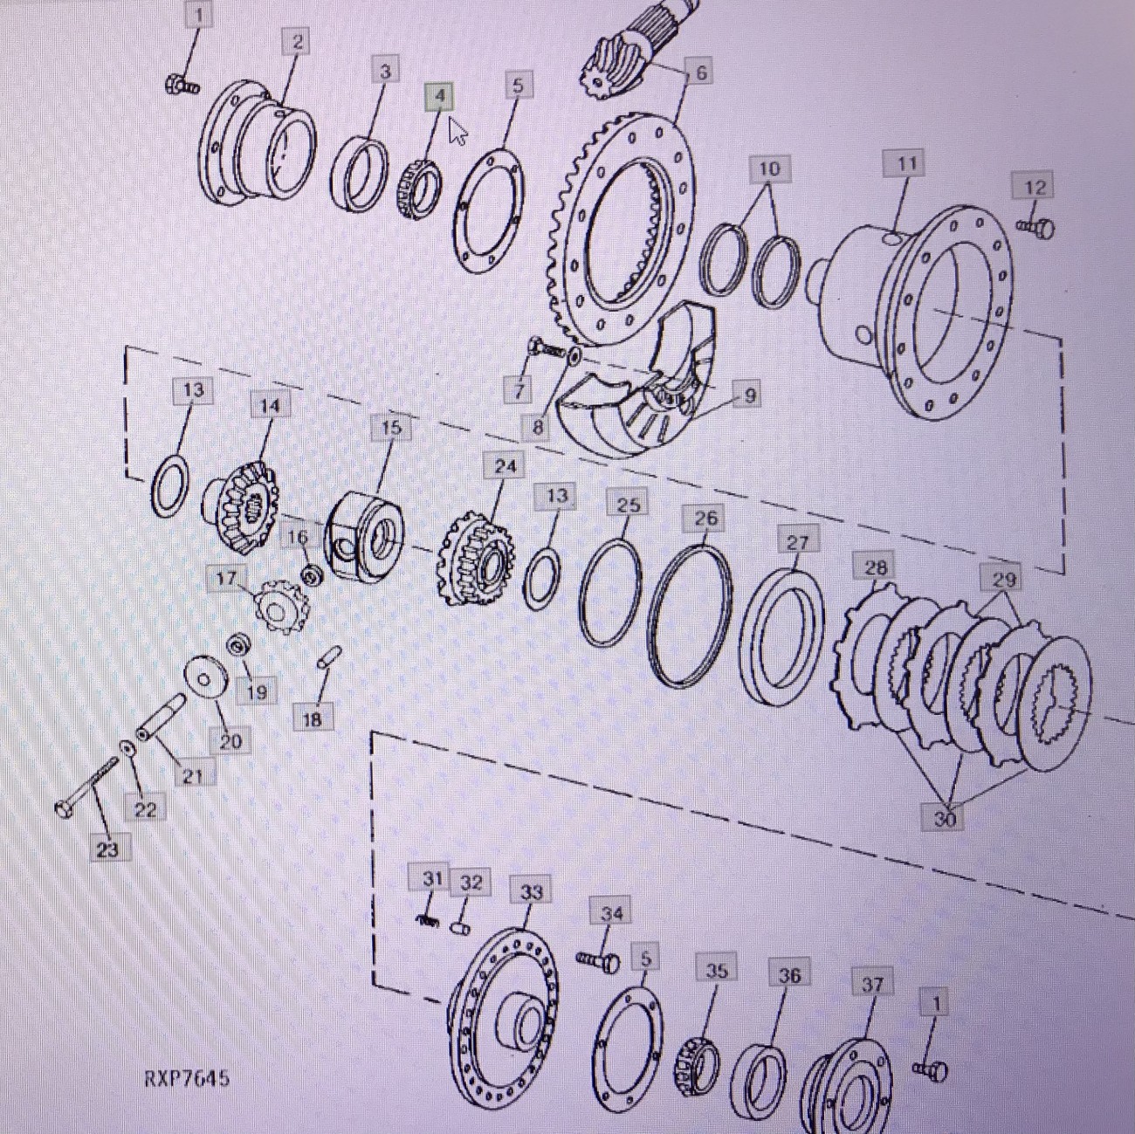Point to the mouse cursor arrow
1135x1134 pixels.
tap(457, 130)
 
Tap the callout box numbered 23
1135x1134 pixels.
tap(107, 849)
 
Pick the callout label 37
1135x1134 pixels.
tap(871, 985)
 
